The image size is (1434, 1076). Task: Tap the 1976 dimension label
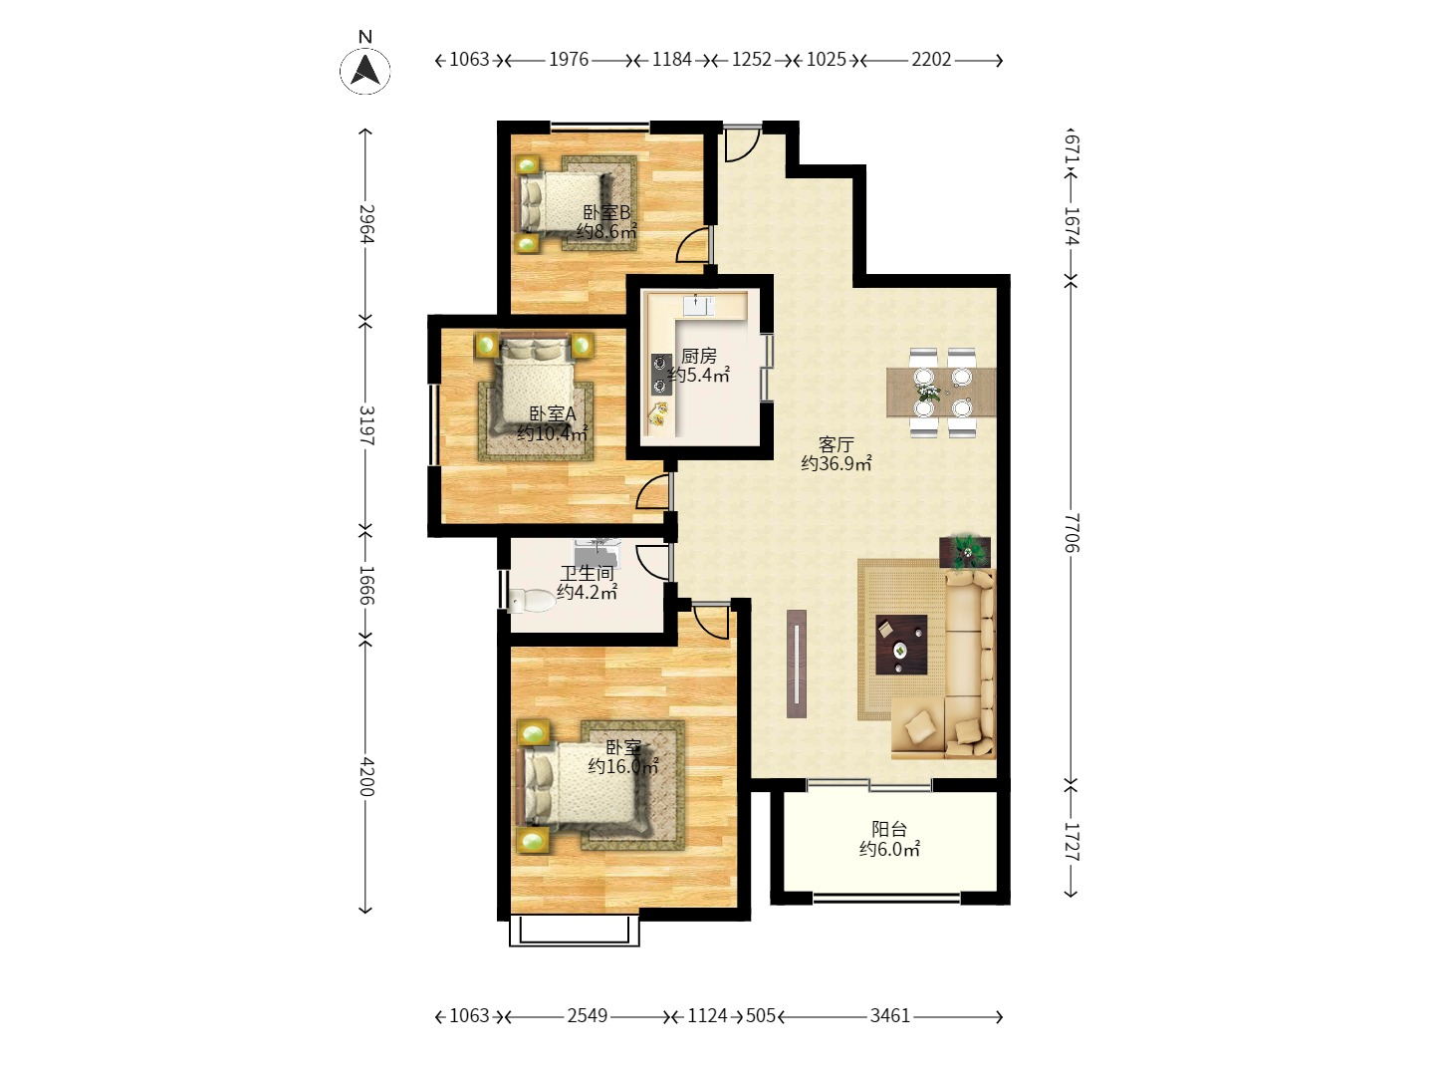point(568,60)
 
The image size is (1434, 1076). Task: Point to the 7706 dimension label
point(1072,532)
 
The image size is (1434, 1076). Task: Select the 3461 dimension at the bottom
point(889,1016)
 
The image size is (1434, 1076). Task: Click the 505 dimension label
point(760,1016)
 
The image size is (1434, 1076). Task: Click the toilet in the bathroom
point(530,600)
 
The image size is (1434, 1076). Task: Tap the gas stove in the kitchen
point(661,375)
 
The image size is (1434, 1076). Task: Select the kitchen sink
point(698,305)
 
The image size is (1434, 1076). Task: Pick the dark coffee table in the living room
point(901,645)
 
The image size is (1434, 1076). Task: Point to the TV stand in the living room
point(796,664)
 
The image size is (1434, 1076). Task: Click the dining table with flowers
point(941,392)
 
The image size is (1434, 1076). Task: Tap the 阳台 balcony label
point(889,829)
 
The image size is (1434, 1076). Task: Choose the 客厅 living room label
point(836,445)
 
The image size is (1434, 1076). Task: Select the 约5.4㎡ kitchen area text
point(698,375)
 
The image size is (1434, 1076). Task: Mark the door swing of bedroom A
point(652,492)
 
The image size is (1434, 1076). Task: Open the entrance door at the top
point(742,143)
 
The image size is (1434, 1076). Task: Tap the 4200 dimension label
point(366,777)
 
